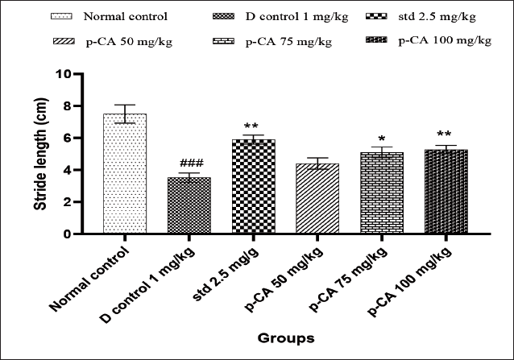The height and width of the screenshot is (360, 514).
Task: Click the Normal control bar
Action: tap(125, 174)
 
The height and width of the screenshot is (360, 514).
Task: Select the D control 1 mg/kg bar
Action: tap(189, 205)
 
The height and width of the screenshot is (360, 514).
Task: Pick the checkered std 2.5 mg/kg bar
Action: tap(254, 186)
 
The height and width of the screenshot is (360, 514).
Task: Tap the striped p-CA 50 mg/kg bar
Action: tap(317, 198)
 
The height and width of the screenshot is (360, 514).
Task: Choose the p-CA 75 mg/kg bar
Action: tap(382, 193)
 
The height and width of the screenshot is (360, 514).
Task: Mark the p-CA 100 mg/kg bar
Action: tap(446, 192)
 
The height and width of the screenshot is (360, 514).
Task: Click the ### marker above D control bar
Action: tap(192, 163)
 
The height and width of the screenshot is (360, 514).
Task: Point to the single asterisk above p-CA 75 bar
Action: tap(382, 139)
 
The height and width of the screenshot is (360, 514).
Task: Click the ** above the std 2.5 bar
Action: tap(251, 126)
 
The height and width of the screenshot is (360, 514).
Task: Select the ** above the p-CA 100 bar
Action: tap(444, 134)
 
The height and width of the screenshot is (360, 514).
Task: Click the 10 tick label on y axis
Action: tap(64, 74)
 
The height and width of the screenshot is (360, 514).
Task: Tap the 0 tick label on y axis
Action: tap(67, 234)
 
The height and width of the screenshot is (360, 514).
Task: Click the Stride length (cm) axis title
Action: tap(41, 154)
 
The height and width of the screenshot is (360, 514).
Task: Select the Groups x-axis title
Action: tap(286, 338)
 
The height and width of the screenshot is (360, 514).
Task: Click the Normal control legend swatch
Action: tap(61, 16)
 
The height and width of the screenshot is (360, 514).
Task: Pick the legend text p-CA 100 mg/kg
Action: tap(445, 40)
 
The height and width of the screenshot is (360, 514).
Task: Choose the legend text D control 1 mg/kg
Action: tap(297, 16)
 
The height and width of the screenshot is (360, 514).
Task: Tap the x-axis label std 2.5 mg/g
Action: tap(226, 274)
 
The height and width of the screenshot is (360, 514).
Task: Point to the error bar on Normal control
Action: tap(125, 114)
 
